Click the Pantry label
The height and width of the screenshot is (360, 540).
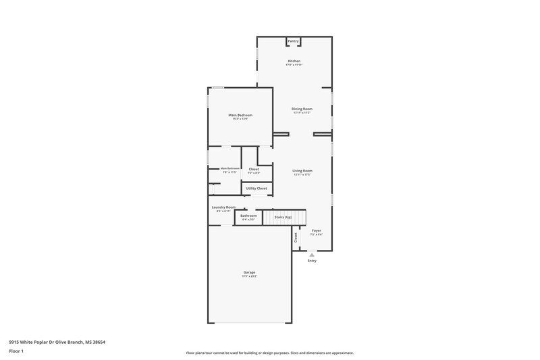(293, 41)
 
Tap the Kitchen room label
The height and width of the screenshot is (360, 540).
(294, 61)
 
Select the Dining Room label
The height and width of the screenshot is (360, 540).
(302, 109)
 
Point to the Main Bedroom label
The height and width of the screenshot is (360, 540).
(240, 115)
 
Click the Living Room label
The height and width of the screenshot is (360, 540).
(302, 171)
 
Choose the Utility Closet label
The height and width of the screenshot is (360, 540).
(256, 188)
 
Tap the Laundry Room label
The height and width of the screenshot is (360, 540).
(223, 207)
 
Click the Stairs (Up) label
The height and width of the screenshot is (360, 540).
(283, 217)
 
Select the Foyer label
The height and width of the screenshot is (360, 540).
(316, 230)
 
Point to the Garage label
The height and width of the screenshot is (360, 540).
(250, 272)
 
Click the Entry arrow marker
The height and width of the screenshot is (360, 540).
(312, 255)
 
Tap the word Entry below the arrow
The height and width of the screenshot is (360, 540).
(312, 261)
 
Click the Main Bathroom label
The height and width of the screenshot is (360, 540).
(230, 168)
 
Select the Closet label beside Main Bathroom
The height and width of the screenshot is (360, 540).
(254, 169)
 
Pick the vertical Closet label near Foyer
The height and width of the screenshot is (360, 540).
(296, 237)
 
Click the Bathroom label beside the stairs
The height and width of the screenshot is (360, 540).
(248, 215)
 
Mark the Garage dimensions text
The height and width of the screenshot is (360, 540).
(250, 276)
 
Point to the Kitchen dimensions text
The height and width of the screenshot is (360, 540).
(294, 65)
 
